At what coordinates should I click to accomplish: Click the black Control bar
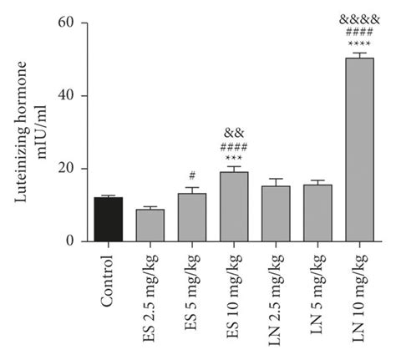coord(109,220)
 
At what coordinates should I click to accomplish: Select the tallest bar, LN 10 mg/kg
coord(359,150)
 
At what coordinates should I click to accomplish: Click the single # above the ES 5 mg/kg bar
coord(192,175)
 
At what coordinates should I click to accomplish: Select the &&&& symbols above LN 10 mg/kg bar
coord(359,17)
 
